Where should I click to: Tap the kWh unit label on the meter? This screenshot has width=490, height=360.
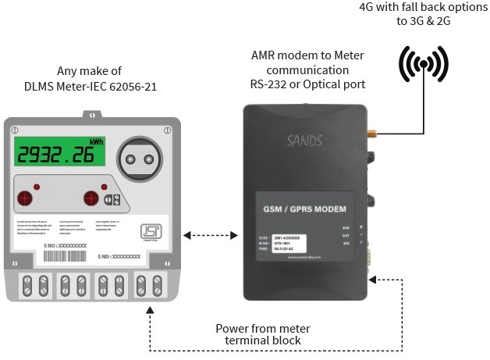(97, 141)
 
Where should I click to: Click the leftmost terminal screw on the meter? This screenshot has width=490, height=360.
(26, 282)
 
